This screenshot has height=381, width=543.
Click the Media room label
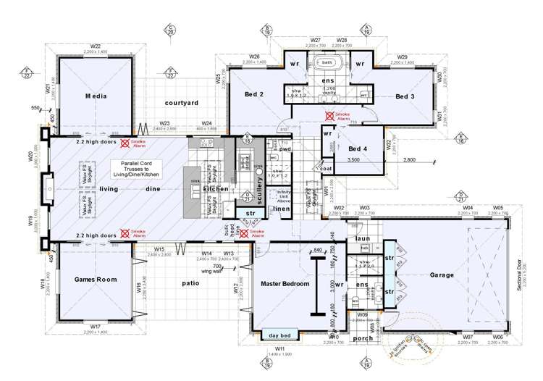96,96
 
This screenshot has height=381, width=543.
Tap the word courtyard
181,104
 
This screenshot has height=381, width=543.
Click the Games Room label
96,280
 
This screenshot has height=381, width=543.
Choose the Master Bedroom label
285,285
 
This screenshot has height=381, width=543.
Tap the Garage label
442,275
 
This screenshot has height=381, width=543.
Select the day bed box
279,335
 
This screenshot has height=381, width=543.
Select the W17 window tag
95,327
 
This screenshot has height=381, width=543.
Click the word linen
282,209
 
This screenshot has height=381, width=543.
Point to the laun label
362,238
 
